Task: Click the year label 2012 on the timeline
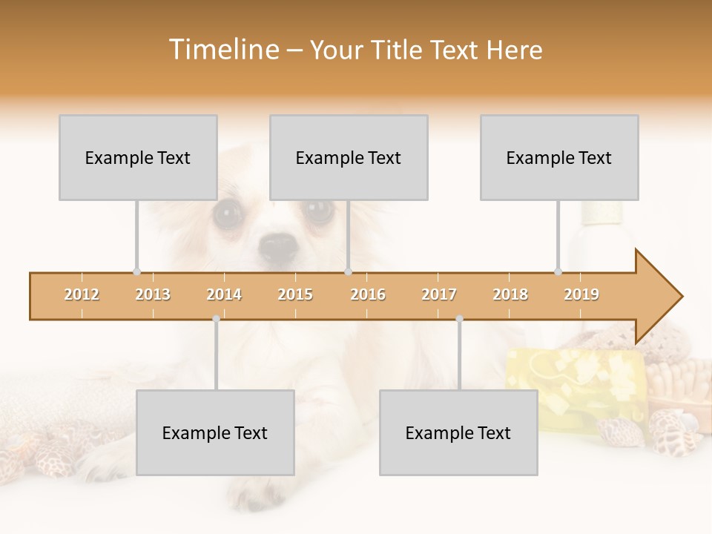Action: [82, 294]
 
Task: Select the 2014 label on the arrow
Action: [224, 294]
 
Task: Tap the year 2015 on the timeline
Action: [295, 294]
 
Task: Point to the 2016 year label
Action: [368, 294]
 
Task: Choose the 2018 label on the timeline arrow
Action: [510, 294]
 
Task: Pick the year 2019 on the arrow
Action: [581, 294]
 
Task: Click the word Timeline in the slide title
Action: [222, 50]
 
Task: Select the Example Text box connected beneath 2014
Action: [215, 432]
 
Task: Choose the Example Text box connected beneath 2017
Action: [458, 432]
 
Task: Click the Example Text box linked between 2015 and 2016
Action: [349, 157]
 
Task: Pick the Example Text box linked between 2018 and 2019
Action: [559, 157]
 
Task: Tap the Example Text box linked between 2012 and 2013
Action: [138, 157]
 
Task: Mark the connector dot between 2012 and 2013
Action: [136, 271]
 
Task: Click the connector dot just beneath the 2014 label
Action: [216, 319]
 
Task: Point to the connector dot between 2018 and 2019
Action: [558, 271]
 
